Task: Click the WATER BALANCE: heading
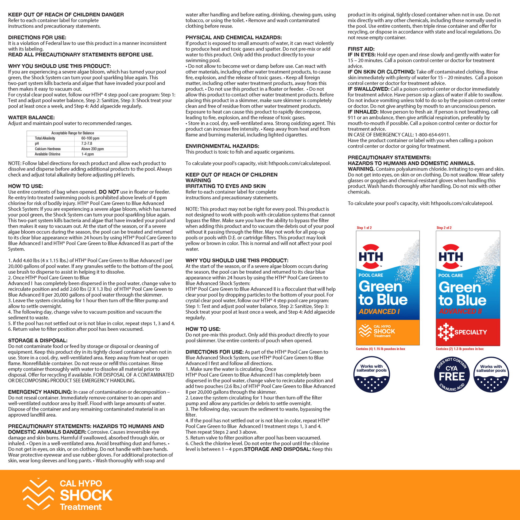[31, 118]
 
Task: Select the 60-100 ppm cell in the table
[90, 138]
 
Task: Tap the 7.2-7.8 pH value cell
[87, 144]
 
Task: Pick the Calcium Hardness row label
[48, 149]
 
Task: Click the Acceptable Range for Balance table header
[73, 133]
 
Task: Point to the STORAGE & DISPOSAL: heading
[38, 340]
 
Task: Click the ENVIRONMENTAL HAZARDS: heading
[222, 146]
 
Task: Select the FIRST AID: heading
[361, 49]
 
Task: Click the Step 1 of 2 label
[364, 228]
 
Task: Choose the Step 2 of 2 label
[444, 228]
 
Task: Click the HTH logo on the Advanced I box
[371, 257]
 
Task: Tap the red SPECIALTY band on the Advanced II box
[468, 332]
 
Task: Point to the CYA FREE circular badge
[452, 374]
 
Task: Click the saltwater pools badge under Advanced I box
[371, 374]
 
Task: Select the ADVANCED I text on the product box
[379, 311]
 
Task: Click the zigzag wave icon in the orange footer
[38, 494]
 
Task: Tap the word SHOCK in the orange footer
[86, 495]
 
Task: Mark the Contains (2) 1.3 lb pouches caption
[460, 349]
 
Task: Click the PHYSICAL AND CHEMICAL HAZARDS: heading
[234, 38]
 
